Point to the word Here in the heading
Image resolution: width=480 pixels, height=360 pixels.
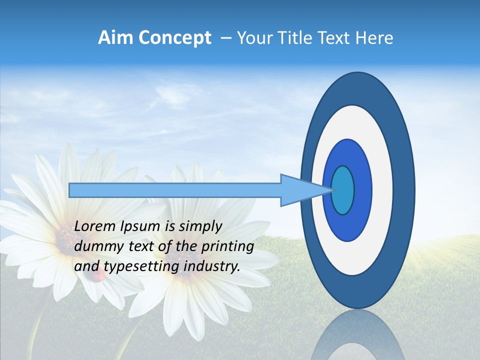(x=374, y=38)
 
